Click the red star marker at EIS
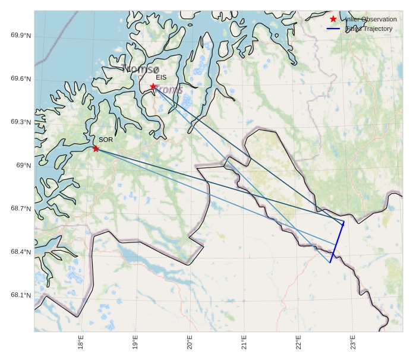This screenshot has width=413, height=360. tap(153, 86)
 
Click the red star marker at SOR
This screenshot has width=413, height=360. tap(96, 149)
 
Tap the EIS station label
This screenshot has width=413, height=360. tap(161, 77)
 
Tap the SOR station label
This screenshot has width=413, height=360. tap(106, 140)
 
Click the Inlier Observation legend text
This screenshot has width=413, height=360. tap(371, 20)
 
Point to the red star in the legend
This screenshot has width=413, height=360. tap(333, 20)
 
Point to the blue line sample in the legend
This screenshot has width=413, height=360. tap(333, 29)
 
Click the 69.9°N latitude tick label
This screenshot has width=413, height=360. tap(21, 36)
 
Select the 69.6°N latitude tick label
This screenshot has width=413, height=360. tap(21, 79)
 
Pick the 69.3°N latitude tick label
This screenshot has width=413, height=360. tap(21, 122)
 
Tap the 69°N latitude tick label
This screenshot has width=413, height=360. tap(24, 165)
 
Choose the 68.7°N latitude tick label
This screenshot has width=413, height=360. tap(21, 209)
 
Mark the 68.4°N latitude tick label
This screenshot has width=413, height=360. tap(21, 252)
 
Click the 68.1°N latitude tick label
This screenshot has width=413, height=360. tap(21, 295)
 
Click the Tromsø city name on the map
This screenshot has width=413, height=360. tap(141, 69)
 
